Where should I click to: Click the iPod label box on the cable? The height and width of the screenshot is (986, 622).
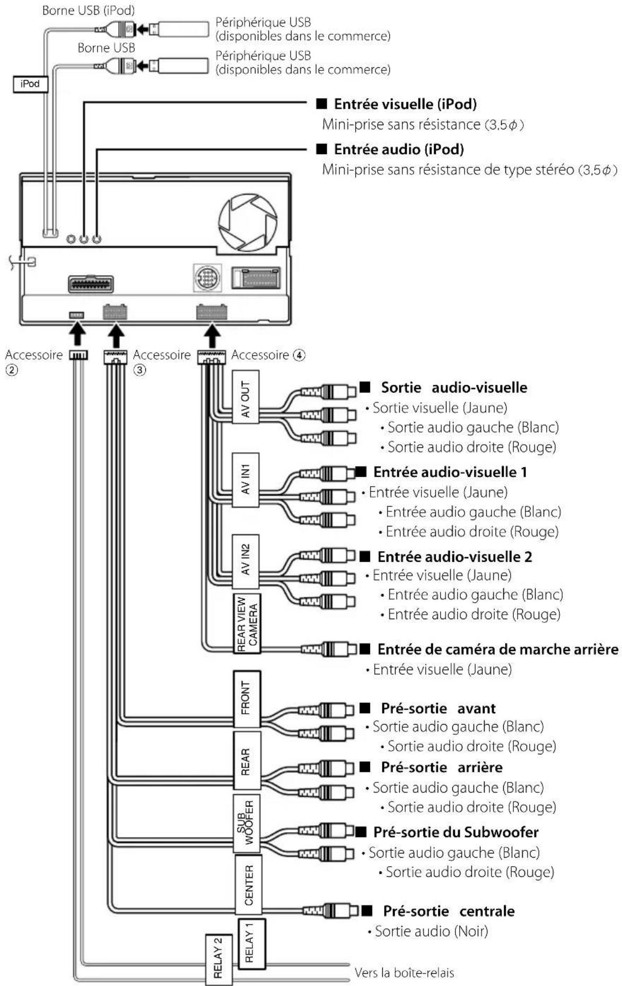[30, 84]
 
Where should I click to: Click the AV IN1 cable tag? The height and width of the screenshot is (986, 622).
[246, 480]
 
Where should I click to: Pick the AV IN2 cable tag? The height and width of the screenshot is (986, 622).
[246, 562]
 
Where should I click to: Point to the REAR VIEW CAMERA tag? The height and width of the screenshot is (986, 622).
[247, 623]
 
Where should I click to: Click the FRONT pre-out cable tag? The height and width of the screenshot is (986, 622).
[247, 699]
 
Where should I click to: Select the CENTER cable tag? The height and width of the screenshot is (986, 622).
[248, 885]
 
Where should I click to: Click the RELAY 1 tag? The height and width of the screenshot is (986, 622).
[251, 944]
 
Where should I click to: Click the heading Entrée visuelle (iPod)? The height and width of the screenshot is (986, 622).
[405, 104]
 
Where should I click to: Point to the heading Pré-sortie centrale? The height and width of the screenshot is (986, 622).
[449, 911]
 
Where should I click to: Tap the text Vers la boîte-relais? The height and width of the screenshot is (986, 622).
[404, 972]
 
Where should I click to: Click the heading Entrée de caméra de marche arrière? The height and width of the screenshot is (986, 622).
[497, 649]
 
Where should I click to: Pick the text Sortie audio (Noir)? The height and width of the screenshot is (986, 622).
[431, 931]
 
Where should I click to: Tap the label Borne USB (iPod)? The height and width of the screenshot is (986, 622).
[89, 10]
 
